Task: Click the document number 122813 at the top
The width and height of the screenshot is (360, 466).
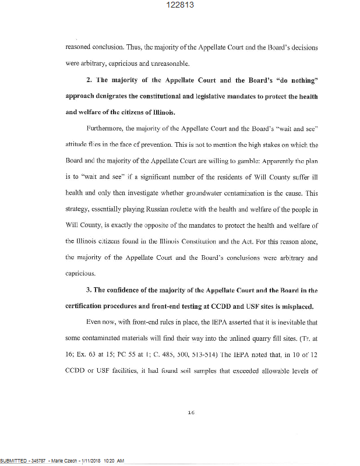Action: click(179, 5)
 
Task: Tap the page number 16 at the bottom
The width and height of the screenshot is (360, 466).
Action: click(190, 412)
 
